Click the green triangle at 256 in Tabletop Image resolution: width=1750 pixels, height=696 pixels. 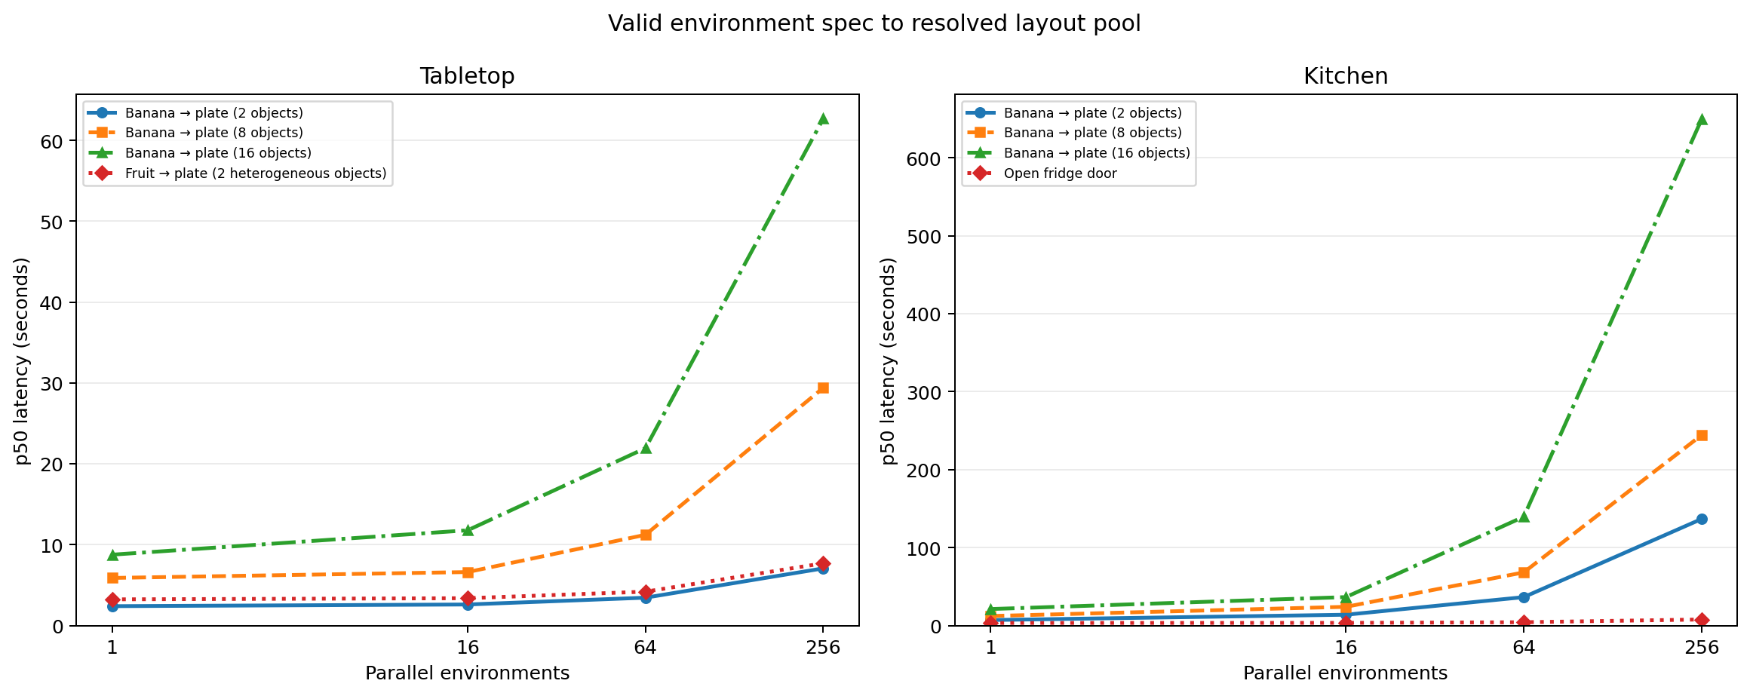point(823,118)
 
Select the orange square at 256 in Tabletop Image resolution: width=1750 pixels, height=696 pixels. point(823,388)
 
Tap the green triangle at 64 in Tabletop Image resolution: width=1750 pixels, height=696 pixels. point(646,448)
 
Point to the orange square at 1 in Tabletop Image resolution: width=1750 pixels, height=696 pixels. point(112,578)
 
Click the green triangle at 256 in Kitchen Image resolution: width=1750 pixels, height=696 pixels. point(1702,119)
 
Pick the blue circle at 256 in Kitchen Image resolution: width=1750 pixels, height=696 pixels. point(1702,519)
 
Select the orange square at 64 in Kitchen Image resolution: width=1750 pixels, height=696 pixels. point(1524,572)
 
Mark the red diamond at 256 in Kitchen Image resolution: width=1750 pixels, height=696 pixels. point(1702,620)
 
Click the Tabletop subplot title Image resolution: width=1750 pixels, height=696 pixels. point(467,76)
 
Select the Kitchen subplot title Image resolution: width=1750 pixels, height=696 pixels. point(1346,76)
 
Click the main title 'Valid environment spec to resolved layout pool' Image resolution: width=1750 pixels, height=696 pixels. point(874,23)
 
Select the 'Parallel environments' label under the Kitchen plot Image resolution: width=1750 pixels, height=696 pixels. point(1346,673)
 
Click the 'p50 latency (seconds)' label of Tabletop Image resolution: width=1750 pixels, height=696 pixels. point(23,360)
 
